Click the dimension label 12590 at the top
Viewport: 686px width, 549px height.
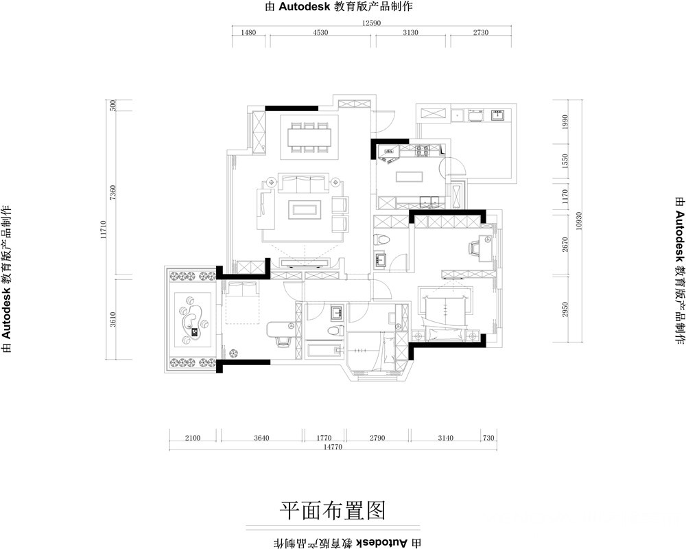pos(371,23)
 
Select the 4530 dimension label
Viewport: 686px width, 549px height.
pos(320,32)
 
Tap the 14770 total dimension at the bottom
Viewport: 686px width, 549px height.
pos(333,447)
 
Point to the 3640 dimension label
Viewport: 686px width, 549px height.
pos(261,438)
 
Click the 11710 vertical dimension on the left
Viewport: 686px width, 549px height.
pos(104,229)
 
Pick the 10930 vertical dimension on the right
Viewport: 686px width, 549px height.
pos(579,221)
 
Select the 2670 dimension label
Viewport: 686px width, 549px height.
pos(565,244)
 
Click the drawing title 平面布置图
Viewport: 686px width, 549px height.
pos(333,511)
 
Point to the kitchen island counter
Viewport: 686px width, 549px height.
pos(410,176)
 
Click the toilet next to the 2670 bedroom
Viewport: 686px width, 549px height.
pos(381,240)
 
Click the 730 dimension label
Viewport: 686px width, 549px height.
pos(488,438)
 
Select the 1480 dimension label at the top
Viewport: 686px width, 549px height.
pos(248,32)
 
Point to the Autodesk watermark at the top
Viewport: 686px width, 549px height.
pos(339,7)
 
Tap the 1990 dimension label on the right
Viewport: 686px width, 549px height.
pos(565,122)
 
